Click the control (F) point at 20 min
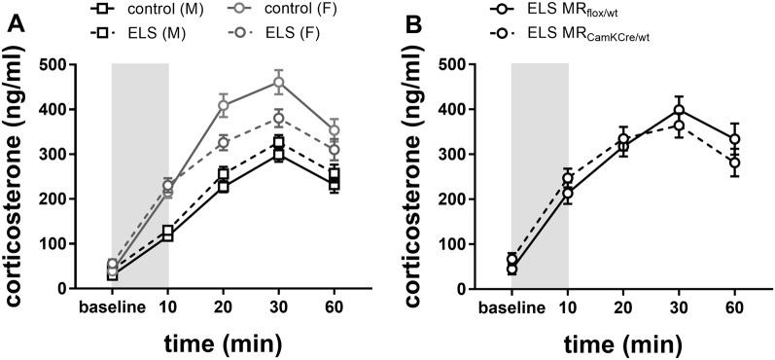[x=224, y=105]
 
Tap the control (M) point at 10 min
[x=168, y=236]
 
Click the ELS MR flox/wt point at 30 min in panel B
[x=679, y=110]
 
